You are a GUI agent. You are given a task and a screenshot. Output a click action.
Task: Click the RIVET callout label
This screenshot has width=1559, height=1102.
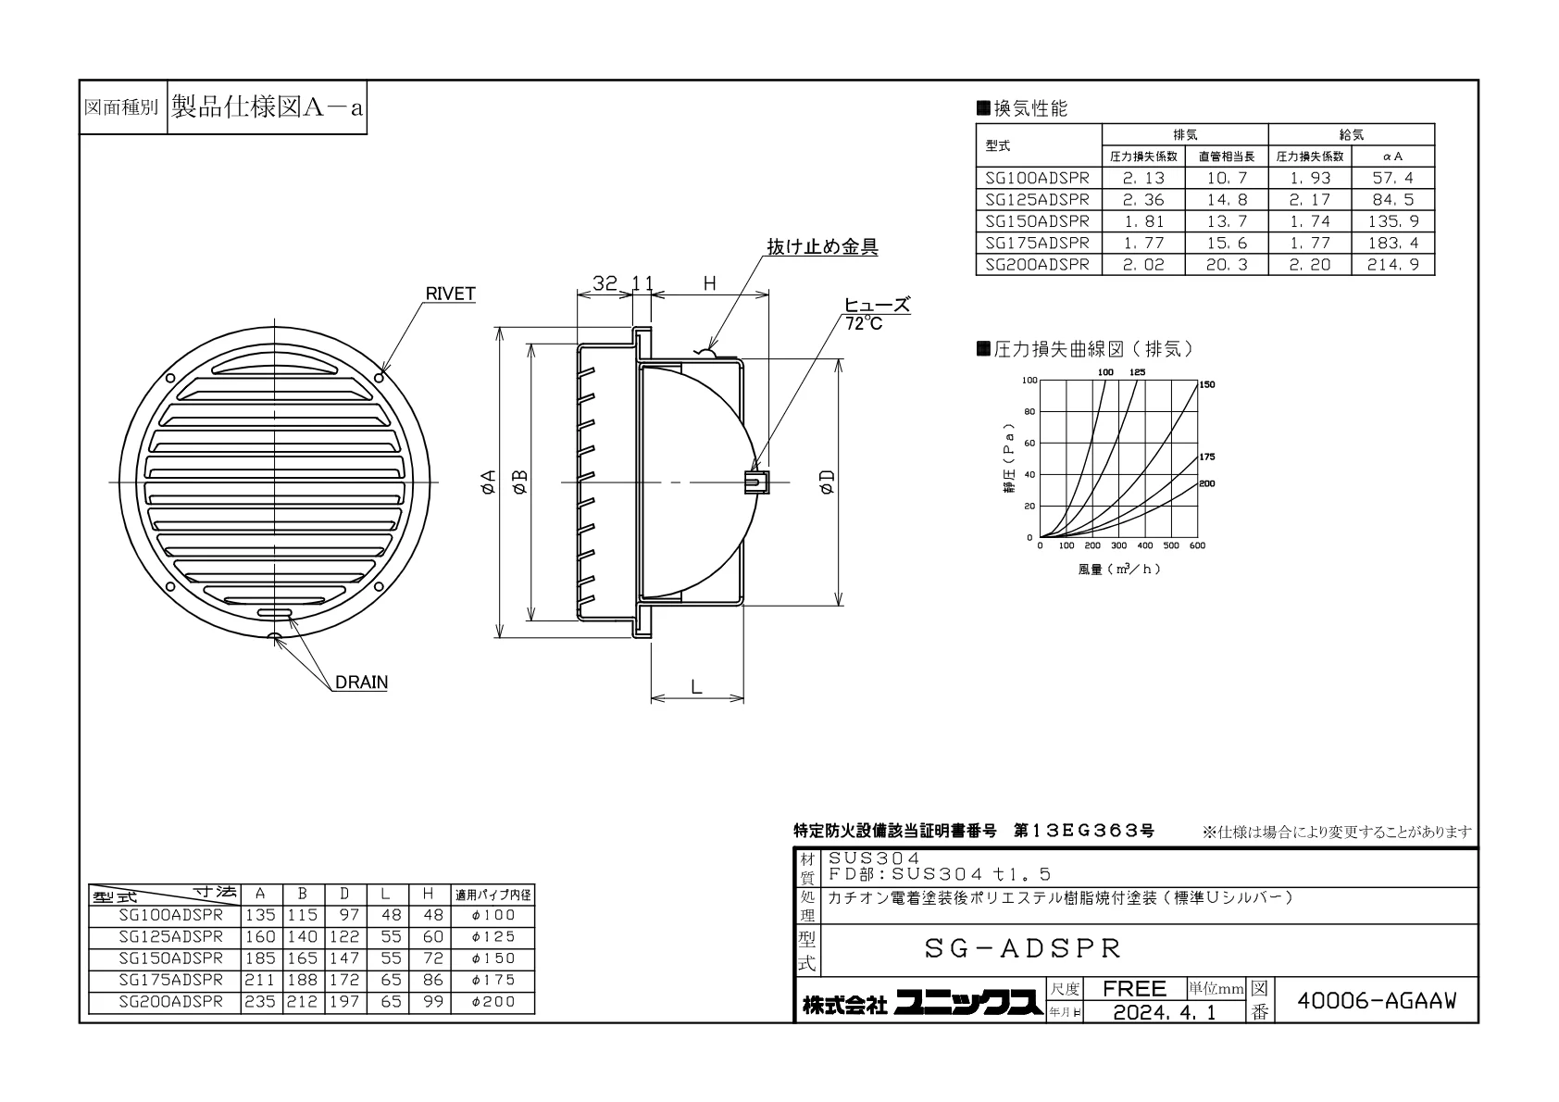450,294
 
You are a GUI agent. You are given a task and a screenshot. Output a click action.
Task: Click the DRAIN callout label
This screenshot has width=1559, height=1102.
361,682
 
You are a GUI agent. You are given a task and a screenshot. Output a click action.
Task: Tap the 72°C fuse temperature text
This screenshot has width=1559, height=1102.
864,324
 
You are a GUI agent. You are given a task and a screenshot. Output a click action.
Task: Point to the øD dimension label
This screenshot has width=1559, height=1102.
827,482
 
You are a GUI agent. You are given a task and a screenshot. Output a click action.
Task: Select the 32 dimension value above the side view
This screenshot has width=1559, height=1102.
605,283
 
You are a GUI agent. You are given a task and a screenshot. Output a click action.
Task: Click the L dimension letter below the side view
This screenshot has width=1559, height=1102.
697,688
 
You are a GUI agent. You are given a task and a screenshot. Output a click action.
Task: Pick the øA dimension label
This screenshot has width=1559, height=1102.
489,482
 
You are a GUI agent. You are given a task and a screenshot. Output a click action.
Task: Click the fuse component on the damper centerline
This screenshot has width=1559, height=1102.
756,482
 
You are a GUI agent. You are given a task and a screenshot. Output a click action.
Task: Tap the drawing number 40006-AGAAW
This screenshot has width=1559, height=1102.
1377,1001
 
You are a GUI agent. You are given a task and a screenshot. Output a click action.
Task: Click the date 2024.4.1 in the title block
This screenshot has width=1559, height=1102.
1165,1012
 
